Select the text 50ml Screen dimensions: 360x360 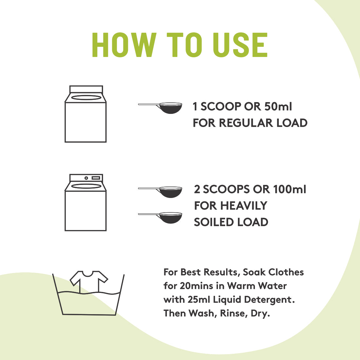(x=278, y=106)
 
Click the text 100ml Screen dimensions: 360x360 (x=290, y=189)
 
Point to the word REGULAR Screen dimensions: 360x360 (x=246, y=123)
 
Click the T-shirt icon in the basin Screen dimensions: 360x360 (x=89, y=281)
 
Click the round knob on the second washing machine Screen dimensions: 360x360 (x=86, y=178)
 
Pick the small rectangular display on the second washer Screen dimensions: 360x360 (x=96, y=178)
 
